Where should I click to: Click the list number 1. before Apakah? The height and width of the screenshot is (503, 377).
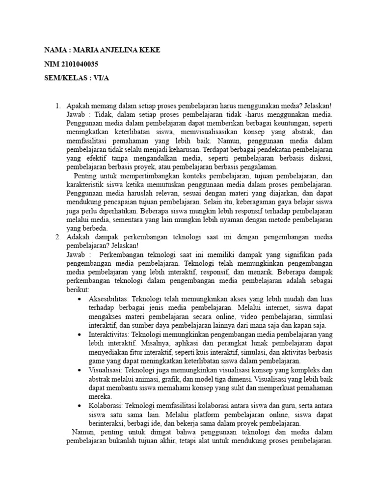[x=58, y=106]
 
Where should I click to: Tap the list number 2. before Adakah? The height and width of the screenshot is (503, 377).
[x=58, y=237]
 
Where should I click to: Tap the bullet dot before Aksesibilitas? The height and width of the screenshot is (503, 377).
[x=80, y=299]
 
